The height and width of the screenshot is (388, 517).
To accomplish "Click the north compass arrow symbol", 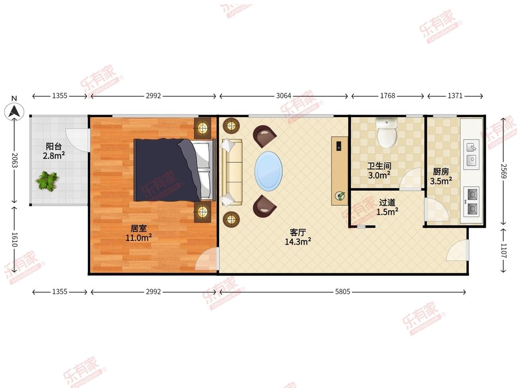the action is click(x=14, y=111).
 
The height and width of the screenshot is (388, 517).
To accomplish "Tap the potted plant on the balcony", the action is click(x=47, y=181).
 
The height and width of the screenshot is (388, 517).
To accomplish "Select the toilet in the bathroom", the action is click(x=387, y=132).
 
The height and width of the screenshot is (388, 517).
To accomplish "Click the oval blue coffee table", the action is click(x=268, y=171).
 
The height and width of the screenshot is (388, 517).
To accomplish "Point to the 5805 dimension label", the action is click(x=342, y=291).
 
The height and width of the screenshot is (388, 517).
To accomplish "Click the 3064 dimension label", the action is click(x=284, y=96).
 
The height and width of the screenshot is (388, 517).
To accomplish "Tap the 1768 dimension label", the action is click(x=387, y=96).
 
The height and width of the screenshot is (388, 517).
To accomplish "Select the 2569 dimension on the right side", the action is click(x=504, y=171).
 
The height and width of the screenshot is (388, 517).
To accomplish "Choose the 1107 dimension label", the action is click(x=504, y=251).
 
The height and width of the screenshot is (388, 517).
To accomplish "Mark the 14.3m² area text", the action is click(x=298, y=242).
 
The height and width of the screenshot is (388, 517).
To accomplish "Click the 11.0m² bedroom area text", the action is click(x=138, y=238).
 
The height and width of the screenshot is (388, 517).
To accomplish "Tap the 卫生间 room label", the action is click(x=379, y=166).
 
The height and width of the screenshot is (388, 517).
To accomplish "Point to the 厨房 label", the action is click(x=441, y=171).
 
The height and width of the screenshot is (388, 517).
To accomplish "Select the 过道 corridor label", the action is click(x=387, y=202).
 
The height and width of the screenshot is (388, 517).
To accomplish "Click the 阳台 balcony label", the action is click(x=54, y=146).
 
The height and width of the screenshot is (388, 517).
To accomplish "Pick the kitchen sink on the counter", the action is click(x=472, y=154).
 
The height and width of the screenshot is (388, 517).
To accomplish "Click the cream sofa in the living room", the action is click(x=232, y=172).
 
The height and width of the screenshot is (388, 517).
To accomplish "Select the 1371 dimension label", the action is click(x=455, y=96).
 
